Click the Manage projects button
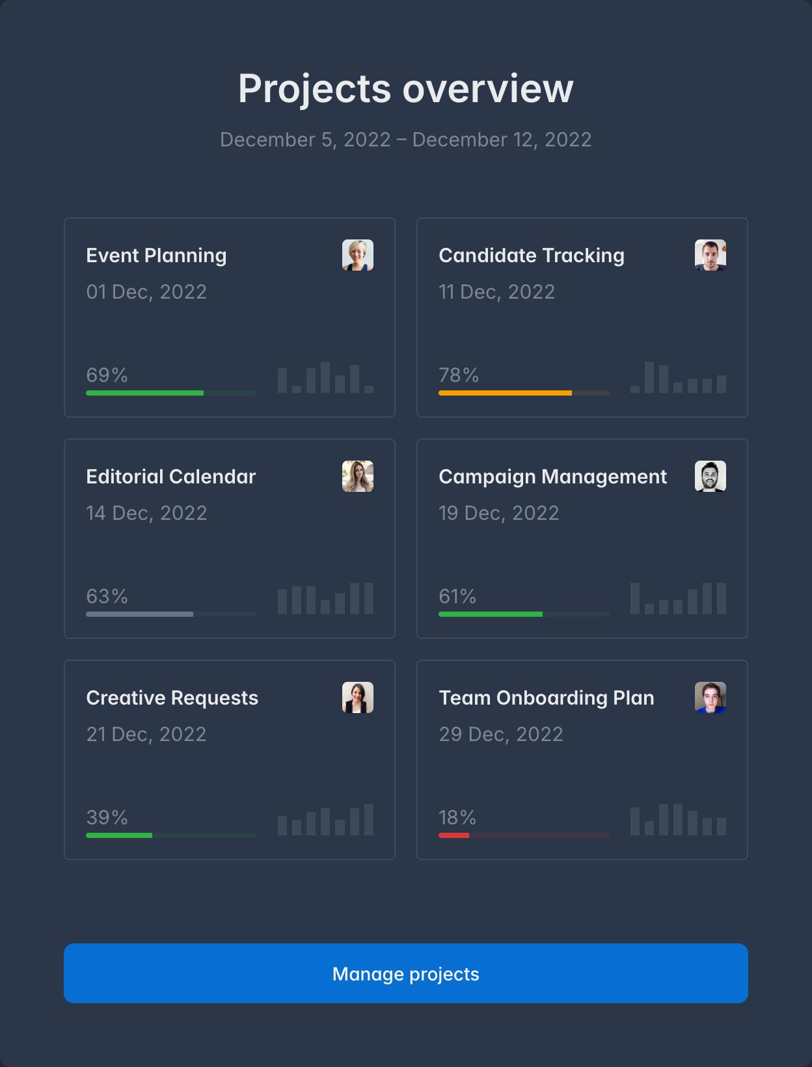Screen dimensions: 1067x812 (x=405, y=973)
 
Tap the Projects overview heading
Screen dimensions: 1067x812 (x=405, y=88)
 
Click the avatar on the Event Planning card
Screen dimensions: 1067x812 (x=358, y=255)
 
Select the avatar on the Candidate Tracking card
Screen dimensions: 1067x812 (x=710, y=255)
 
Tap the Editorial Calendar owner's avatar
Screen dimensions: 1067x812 (x=358, y=476)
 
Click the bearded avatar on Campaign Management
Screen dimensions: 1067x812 (x=710, y=476)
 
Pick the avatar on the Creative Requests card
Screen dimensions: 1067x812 (x=358, y=697)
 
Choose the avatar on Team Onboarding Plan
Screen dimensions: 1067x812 (x=710, y=697)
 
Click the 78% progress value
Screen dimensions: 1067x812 (x=459, y=375)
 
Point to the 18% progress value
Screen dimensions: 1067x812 (x=457, y=818)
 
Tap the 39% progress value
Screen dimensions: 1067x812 (x=107, y=818)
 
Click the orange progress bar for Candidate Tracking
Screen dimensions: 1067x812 (x=505, y=393)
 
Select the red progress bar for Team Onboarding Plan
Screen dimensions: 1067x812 (x=454, y=835)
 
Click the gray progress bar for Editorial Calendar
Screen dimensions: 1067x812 (x=140, y=614)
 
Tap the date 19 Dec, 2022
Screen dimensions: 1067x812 (x=499, y=513)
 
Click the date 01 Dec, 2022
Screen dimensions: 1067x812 (x=146, y=292)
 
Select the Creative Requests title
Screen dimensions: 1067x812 (x=172, y=698)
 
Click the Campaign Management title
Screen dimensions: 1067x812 (x=552, y=477)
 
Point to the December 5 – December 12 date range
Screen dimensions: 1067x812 (x=405, y=140)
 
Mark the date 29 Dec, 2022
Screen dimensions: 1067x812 (x=501, y=735)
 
